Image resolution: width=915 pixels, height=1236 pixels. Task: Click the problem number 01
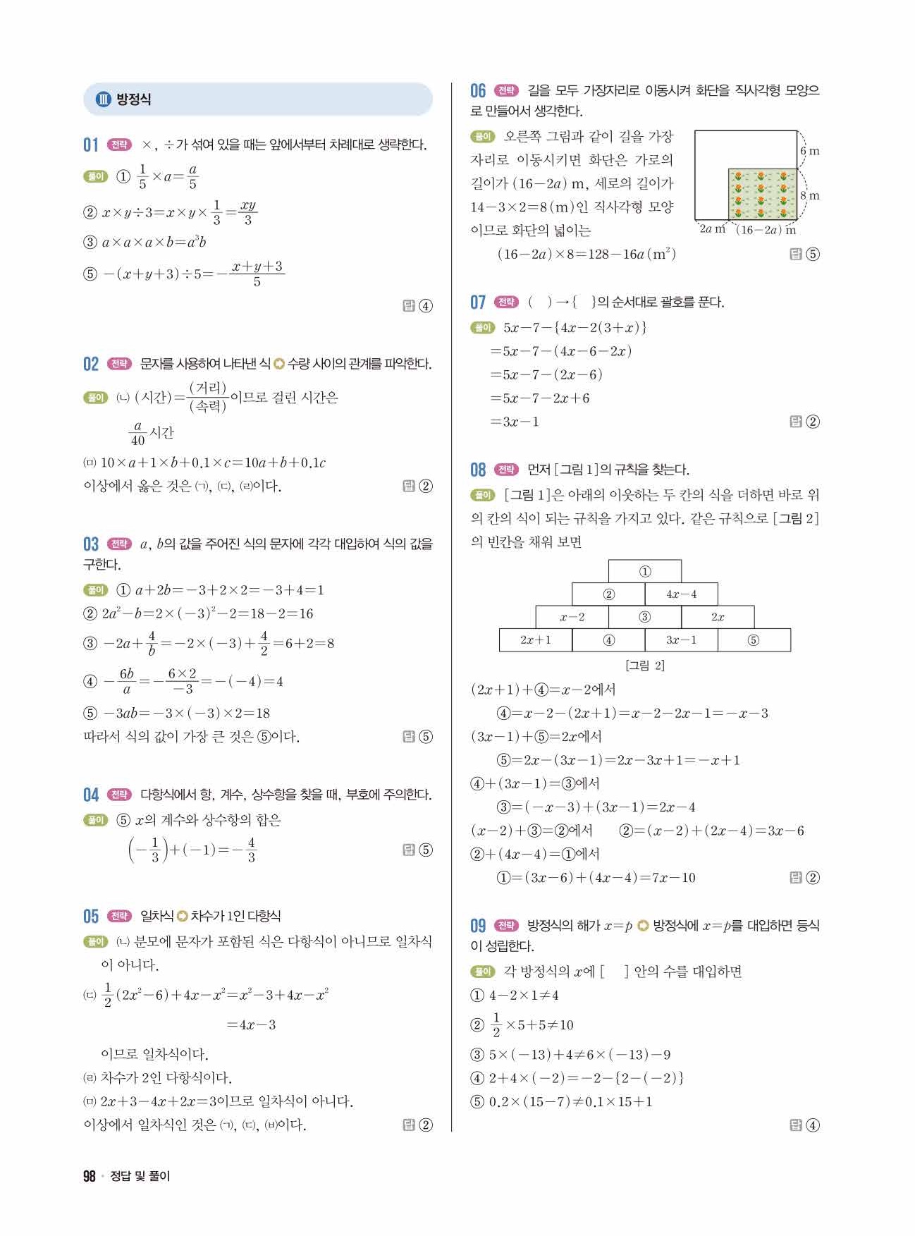pyautogui.click(x=91, y=145)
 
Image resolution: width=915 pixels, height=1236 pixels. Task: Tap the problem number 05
pyautogui.click(x=91, y=916)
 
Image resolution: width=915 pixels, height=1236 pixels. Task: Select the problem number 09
pyautogui.click(x=478, y=926)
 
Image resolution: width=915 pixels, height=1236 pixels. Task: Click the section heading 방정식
pyautogui.click(x=133, y=99)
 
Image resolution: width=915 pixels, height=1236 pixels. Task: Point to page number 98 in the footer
pyautogui.click(x=89, y=1175)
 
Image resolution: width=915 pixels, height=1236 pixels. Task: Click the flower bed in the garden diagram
pyautogui.click(x=763, y=194)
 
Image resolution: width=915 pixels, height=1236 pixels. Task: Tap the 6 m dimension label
pyautogui.click(x=809, y=151)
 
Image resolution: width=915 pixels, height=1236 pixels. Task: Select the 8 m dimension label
pyautogui.click(x=809, y=195)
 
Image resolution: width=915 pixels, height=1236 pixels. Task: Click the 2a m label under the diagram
pyautogui.click(x=712, y=229)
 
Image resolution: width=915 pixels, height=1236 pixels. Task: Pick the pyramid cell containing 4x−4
pyautogui.click(x=681, y=594)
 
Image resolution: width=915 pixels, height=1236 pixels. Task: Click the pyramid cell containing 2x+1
pyautogui.click(x=535, y=640)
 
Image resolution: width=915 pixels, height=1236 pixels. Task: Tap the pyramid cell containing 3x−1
pyautogui.click(x=681, y=640)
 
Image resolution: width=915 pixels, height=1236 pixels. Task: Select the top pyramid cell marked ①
pyautogui.click(x=644, y=572)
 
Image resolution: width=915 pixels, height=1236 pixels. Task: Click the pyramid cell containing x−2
pyautogui.click(x=572, y=617)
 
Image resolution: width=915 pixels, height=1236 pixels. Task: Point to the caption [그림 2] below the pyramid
pyautogui.click(x=644, y=665)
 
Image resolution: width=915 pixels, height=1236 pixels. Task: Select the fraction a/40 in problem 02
pyautogui.click(x=138, y=433)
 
